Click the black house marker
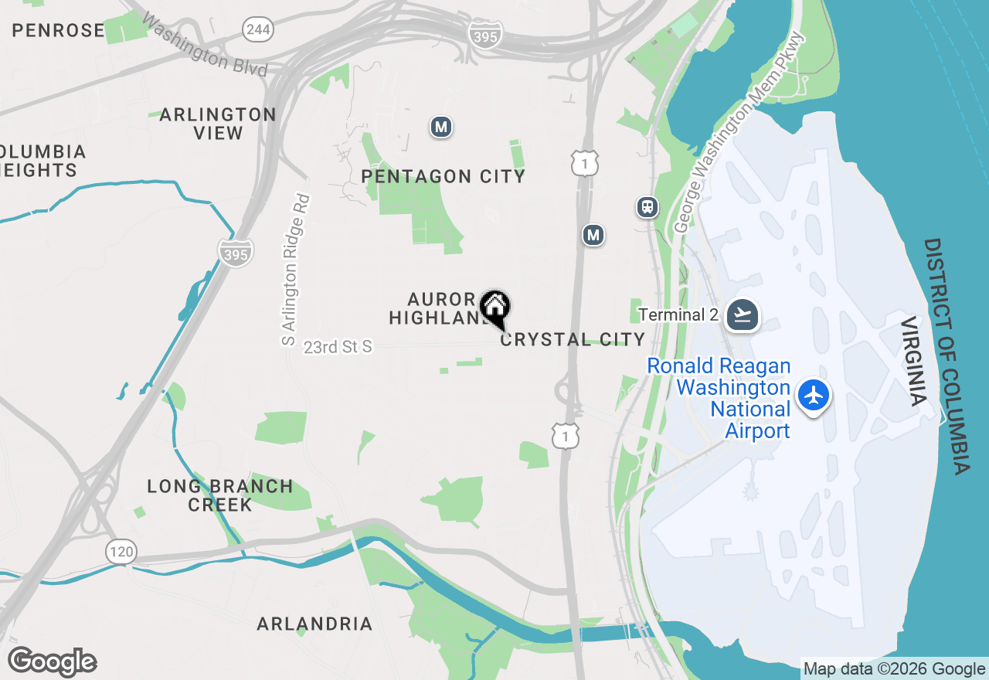[x=494, y=308]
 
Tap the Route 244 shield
[x=257, y=30]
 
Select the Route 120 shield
[x=122, y=552]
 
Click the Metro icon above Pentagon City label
[x=441, y=127]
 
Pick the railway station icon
[x=647, y=207]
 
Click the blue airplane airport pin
[x=813, y=395]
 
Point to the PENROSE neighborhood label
[x=59, y=30]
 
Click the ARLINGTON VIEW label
[x=218, y=124]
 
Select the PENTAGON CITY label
[x=444, y=176]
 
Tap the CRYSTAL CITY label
[x=573, y=339]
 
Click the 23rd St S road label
[x=338, y=347]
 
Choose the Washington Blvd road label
[x=204, y=46]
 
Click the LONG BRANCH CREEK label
[x=220, y=495]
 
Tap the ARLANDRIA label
[x=314, y=624]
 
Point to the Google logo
[x=53, y=661]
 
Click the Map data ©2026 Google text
[x=894, y=669]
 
